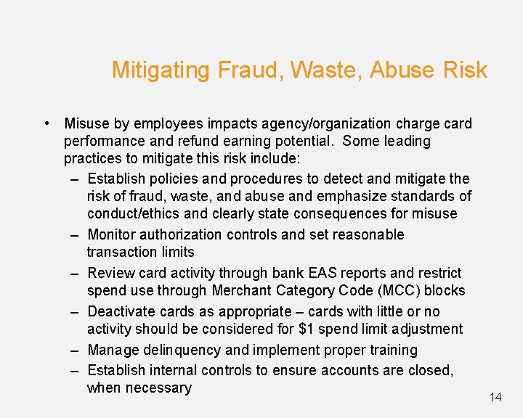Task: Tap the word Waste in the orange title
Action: [325, 70]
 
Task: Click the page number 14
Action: [495, 397]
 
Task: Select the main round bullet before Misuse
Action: [46, 123]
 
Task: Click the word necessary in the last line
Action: [158, 388]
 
